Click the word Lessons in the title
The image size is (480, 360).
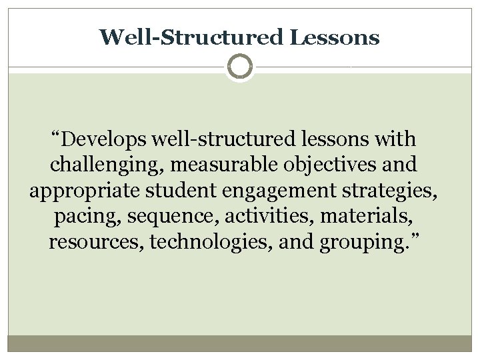point(335,37)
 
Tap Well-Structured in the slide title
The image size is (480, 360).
point(193,37)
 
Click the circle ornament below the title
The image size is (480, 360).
point(240,67)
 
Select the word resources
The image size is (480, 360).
point(97,242)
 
